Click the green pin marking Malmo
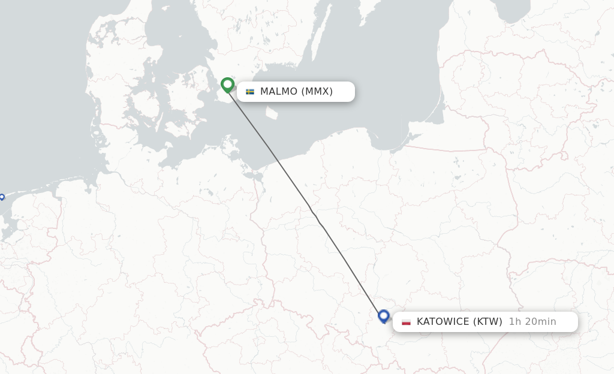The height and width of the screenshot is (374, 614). coord(227,85)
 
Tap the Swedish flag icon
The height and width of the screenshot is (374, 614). coord(250,92)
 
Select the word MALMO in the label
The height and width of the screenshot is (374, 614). coord(278,92)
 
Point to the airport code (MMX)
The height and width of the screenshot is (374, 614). coord(317,92)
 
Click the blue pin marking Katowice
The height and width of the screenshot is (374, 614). coord(384,316)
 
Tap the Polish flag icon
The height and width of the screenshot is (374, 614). coord(407,322)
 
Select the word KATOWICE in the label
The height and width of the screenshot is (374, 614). coord(443,322)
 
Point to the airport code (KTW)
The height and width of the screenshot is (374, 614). coord(487,322)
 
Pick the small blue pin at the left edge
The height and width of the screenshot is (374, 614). coord(2,197)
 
